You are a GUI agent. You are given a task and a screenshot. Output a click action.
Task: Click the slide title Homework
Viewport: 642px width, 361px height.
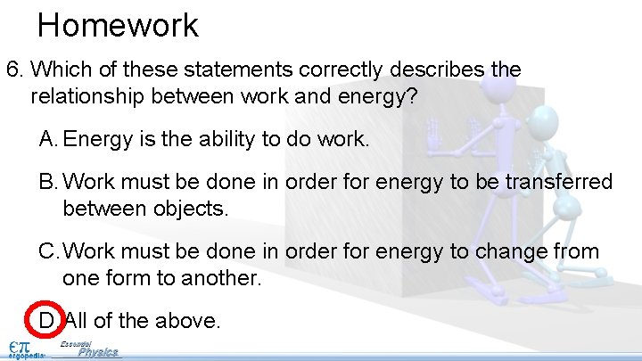click(118, 24)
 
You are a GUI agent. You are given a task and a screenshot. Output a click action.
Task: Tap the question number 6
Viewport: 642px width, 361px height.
click(12, 70)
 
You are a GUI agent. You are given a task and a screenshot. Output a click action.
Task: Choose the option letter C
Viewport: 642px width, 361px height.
click(48, 252)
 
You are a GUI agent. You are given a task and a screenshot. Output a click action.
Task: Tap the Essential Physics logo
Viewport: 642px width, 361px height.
click(91, 350)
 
